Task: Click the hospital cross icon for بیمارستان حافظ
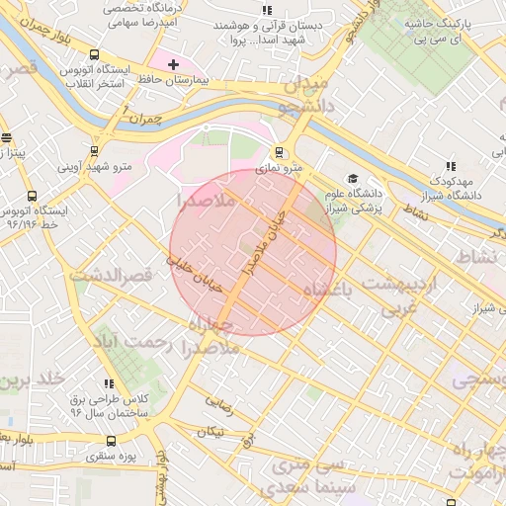coord(173,63)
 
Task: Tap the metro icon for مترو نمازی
coord(280,152)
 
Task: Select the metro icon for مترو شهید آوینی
coord(94,151)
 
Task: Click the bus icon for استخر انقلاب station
coord(94,55)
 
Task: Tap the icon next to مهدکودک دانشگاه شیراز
coord(451,166)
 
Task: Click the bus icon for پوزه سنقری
coord(109,440)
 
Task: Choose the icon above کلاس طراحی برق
coord(109,382)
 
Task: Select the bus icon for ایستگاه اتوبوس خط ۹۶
coord(33,196)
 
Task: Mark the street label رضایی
coord(218,402)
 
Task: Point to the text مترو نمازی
coord(280,170)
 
